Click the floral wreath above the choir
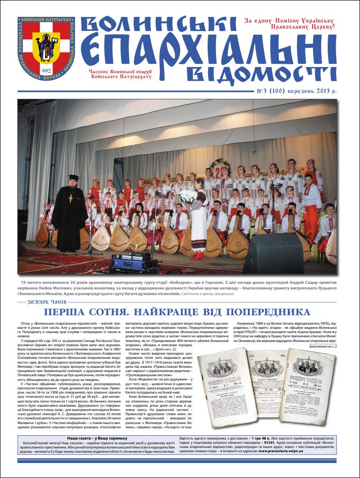(220, 166)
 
